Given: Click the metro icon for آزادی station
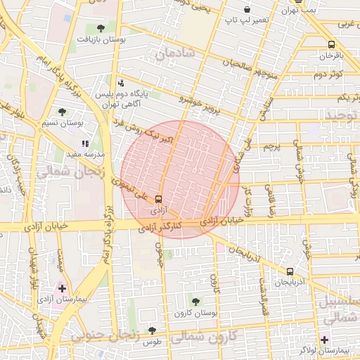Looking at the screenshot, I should coord(157,198).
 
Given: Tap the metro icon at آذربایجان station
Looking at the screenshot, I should coord(290,271).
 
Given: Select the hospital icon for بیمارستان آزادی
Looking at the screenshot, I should coord(63,288).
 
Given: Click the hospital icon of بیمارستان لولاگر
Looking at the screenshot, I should coord(324,340).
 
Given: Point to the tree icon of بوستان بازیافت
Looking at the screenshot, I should coord(101,29).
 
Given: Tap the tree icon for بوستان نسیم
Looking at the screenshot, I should coord(63,111).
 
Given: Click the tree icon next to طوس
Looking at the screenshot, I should coord(152,330).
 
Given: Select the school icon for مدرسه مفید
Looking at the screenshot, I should coord(86,143).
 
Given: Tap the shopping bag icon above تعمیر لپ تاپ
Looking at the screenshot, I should coord(247,9).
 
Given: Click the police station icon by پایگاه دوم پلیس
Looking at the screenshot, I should coord(120,83).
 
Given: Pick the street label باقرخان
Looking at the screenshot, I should coord(330,54).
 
